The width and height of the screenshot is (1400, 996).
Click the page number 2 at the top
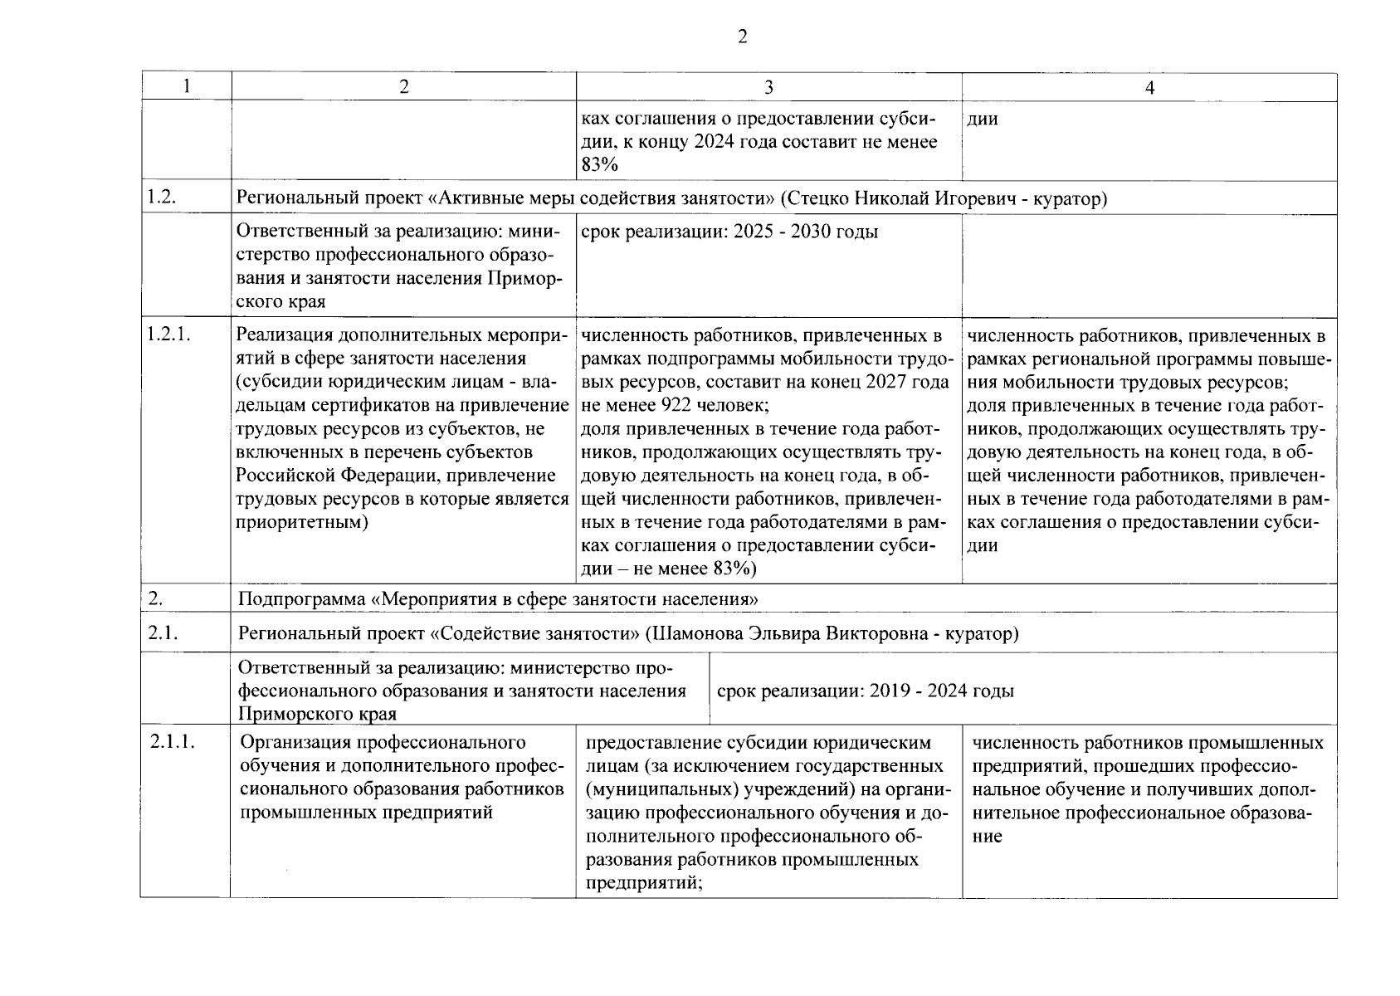point(742,37)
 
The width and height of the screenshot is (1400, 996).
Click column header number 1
point(187,86)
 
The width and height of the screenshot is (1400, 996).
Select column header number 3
point(768,87)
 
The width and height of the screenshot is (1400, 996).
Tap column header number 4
point(1149,87)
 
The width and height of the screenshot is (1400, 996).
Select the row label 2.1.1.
point(173,742)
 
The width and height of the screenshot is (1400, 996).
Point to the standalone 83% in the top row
point(599,165)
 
